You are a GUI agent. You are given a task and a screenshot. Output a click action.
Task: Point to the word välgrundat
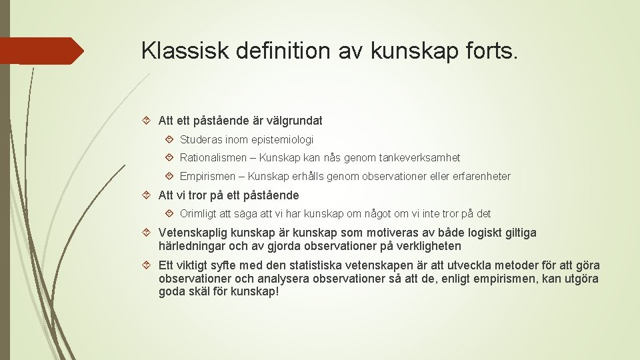coord(294,121)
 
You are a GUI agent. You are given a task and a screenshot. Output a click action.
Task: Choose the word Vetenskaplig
coord(190,233)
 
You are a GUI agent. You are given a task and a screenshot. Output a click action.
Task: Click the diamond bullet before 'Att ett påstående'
coord(149,121)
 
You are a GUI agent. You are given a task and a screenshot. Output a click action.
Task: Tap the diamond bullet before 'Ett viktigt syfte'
coord(149,265)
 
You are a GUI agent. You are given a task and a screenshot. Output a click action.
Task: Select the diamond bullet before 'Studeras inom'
coord(170,140)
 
